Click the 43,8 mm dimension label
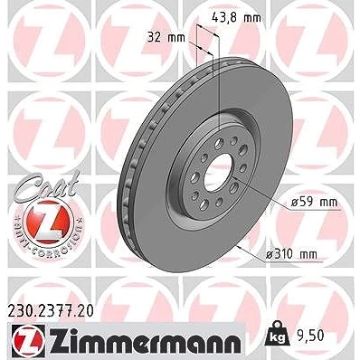pyautogui.click(x=236, y=18)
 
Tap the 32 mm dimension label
pyautogui.click(x=166, y=38)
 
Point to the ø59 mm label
pyautogui.click(x=315, y=202)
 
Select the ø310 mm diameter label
pyautogui.click(x=291, y=254)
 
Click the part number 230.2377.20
pyautogui.click(x=50, y=311)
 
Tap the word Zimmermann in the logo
pyautogui.click(x=145, y=341)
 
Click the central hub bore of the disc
pyautogui.click(x=219, y=172)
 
